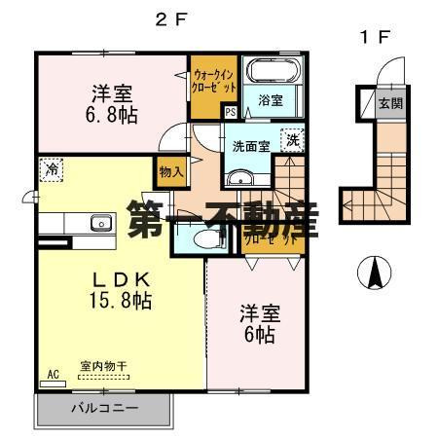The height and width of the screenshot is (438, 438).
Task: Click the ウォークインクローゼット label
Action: (214, 81)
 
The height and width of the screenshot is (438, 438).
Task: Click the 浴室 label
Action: (270, 99)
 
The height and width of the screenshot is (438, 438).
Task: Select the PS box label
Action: (230, 112)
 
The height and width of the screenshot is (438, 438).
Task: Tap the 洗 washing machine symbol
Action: (291, 138)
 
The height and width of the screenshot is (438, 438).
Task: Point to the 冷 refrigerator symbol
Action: (51, 167)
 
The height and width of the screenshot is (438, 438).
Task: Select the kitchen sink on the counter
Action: (98, 223)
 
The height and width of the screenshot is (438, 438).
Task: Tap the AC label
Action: (52, 371)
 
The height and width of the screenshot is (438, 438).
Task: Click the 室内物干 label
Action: (102, 367)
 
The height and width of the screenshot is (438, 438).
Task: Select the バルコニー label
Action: (103, 407)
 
